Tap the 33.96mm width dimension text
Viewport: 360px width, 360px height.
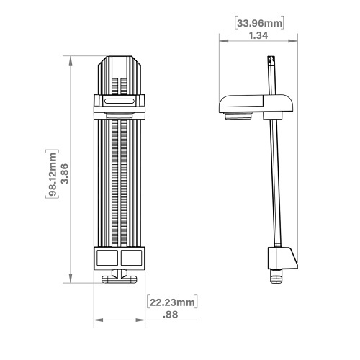[259, 23]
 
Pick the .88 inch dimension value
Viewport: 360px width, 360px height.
[171, 314]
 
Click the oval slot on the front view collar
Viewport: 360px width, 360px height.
[119, 103]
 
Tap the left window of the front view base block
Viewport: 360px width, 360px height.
[107, 258]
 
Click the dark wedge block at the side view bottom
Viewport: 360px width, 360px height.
[282, 257]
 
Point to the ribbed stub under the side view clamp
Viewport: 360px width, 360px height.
[238, 114]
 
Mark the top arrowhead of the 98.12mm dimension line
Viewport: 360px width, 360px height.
[71, 60]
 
